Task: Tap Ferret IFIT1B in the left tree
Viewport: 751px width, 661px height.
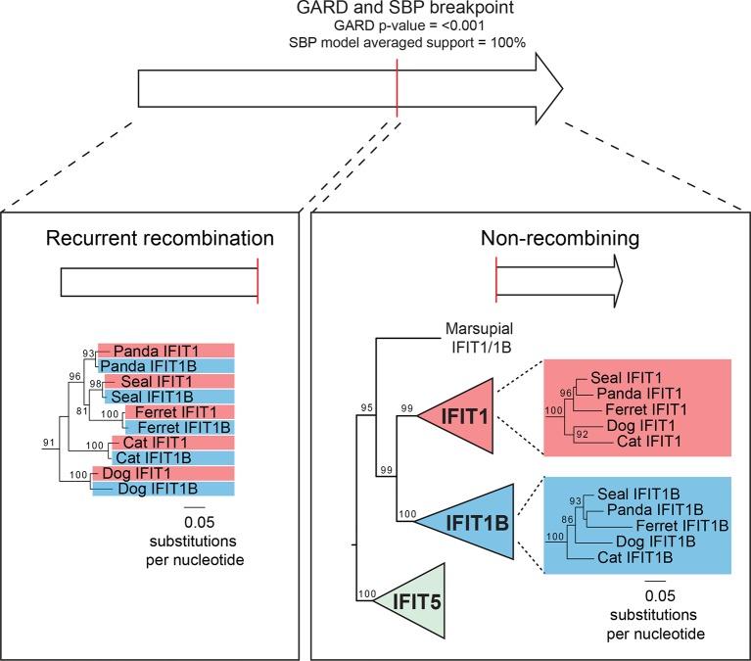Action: coord(175,427)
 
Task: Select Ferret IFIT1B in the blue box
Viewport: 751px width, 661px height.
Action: coord(678,525)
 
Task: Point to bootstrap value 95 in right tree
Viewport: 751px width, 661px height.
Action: coord(367,407)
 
